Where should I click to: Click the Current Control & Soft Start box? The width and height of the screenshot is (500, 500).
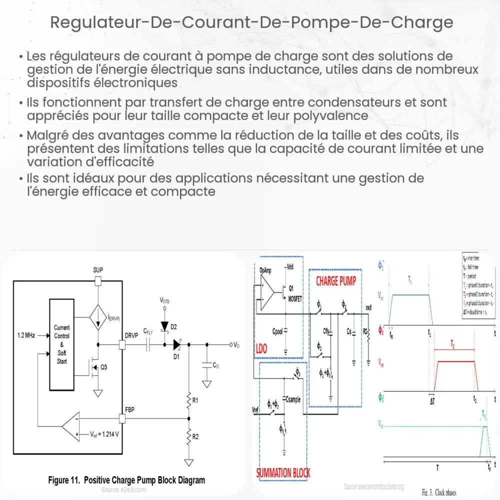coord(62,344)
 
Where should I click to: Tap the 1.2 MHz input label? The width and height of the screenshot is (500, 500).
coord(24,333)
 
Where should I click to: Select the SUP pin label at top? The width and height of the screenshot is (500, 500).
coord(98,270)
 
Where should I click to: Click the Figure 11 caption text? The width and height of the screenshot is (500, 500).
coord(126,480)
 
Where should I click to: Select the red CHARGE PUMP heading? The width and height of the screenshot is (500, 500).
coord(335,281)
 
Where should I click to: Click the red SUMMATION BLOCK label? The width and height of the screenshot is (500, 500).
coord(283,472)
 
